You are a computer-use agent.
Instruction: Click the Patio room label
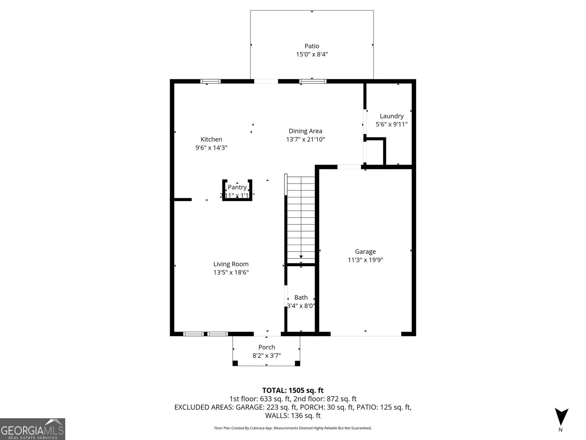[312, 46]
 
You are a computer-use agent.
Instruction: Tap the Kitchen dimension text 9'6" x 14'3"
[211, 148]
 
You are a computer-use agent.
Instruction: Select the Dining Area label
[305, 131]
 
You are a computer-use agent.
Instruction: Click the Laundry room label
[391, 116]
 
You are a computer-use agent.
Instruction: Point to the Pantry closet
[237, 191]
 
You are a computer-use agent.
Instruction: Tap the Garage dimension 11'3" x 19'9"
[365, 260]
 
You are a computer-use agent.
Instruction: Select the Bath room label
[301, 297]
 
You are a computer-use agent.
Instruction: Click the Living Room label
[231, 264]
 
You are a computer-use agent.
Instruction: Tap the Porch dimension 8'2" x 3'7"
[267, 355]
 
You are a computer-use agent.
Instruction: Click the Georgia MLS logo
[33, 429]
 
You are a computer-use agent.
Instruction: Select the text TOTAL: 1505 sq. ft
[293, 390]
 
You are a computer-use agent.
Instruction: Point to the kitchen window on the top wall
[210, 81]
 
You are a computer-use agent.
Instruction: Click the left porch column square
[235, 363]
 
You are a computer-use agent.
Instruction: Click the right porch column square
[297, 363]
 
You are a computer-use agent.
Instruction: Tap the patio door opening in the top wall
[266, 81]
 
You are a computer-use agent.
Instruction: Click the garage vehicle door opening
[366, 334]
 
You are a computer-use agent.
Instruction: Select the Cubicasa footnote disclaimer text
[293, 428]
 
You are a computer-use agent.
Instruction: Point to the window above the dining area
[312, 81]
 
